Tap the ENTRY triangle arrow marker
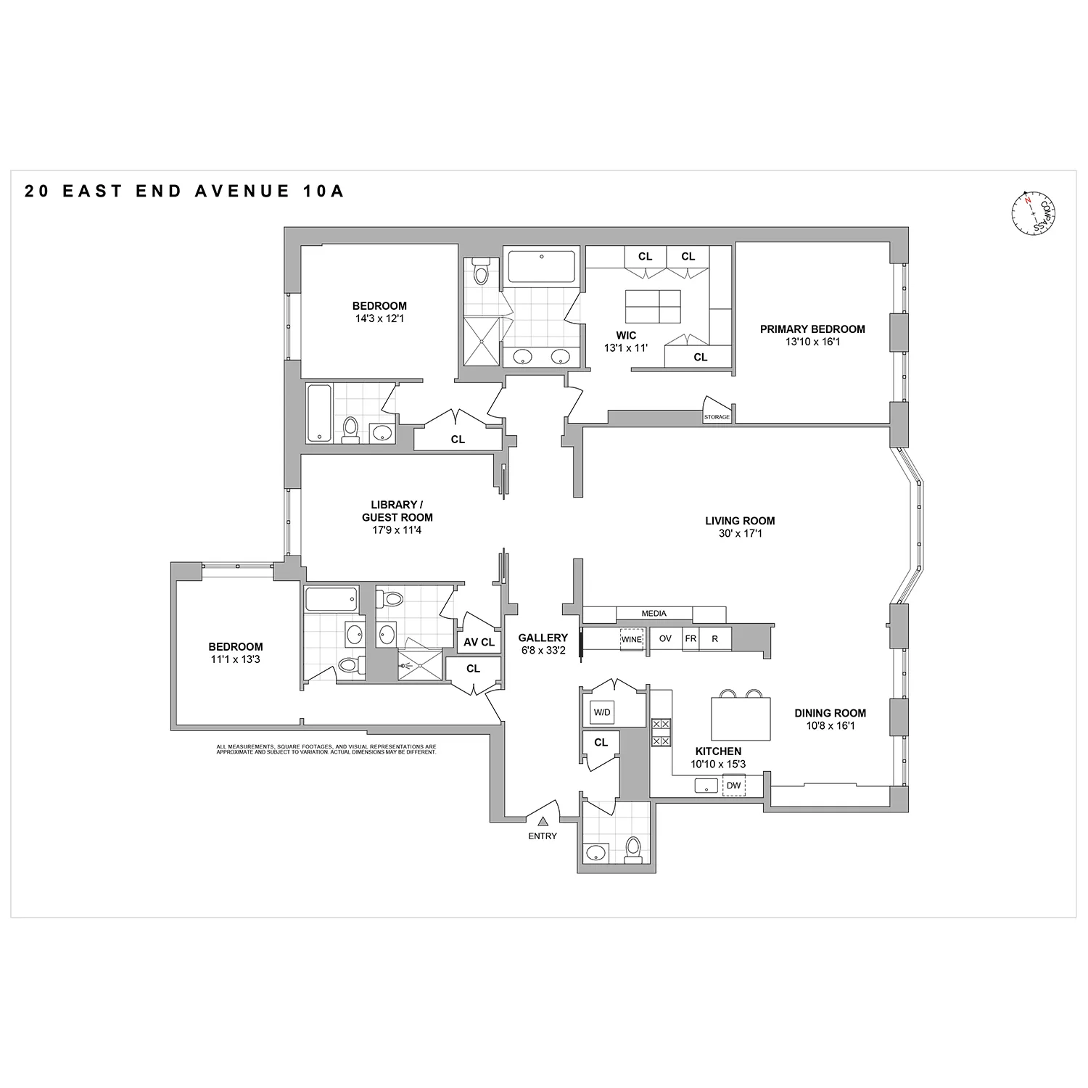pos(543,821)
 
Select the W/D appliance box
pos(602,712)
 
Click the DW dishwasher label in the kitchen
pos(733,786)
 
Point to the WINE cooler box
pos(631,639)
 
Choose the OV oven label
pos(665,639)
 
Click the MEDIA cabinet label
pos(654,614)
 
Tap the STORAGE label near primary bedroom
pos(717,417)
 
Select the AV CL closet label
pos(479,642)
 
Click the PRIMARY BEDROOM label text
pos(812,329)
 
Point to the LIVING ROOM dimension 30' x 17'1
pos(740,534)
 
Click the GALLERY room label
pos(543,638)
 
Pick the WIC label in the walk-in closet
pos(626,335)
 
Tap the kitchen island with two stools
pos(741,717)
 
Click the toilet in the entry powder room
pos(633,849)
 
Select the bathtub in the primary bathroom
pos(541,267)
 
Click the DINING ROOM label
pos(830,713)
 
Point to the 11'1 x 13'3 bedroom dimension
pos(236,659)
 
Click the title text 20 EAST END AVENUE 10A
pos(184,191)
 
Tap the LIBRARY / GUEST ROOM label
pos(397,511)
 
